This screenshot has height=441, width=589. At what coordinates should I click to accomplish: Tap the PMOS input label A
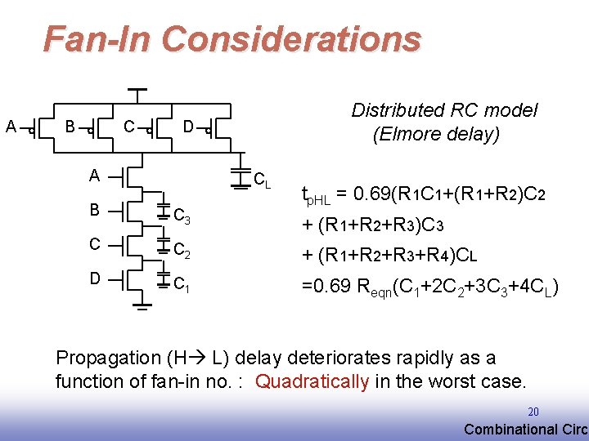11,127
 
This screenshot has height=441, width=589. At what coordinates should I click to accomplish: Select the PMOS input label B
70,127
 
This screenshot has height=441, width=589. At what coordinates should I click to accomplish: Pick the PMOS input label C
128,127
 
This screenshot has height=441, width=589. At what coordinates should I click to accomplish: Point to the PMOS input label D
188,127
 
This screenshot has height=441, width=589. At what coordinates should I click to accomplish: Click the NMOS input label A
95,175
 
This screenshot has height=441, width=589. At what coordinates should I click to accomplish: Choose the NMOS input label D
95,278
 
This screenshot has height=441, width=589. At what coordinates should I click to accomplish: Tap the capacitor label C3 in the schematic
182,216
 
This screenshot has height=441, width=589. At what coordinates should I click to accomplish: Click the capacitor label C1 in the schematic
182,284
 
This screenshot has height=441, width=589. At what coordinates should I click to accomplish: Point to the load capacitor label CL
263,179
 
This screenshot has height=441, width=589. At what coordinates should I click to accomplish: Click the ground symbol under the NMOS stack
142,307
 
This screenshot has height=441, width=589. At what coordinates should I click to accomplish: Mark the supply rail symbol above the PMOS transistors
137,90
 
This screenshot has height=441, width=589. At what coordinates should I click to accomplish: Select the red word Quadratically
312,381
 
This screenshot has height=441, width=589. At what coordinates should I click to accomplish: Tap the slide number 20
533,412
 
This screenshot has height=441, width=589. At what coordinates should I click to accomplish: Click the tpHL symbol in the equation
314,196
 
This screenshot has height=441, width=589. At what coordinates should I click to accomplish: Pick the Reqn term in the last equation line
371,288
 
